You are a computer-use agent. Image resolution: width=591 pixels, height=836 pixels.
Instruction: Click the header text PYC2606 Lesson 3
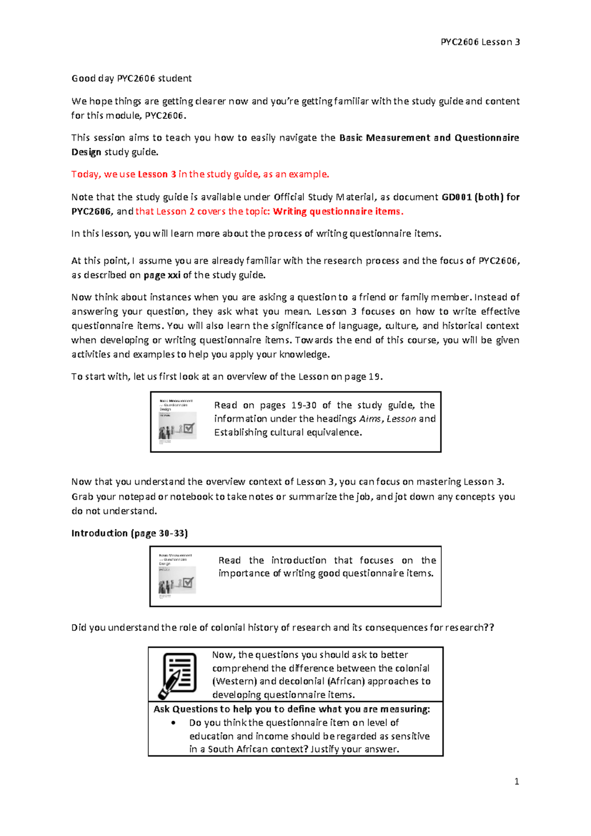(x=480, y=42)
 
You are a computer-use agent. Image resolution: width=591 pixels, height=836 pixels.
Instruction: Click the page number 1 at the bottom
(x=516, y=781)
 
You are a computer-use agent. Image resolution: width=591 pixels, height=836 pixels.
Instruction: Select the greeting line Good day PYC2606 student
(x=131, y=78)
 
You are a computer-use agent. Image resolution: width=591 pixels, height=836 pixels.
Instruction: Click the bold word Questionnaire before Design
(x=486, y=138)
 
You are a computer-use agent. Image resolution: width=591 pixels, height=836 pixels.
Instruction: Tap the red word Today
(x=86, y=174)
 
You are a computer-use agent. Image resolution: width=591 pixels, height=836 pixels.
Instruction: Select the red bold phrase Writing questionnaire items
(x=338, y=211)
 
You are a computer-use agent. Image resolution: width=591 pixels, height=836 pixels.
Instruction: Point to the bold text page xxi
(x=162, y=275)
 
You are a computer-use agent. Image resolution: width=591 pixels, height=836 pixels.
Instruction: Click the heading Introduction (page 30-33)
(x=130, y=533)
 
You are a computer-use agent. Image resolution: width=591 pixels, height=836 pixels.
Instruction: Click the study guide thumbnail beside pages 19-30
(x=177, y=422)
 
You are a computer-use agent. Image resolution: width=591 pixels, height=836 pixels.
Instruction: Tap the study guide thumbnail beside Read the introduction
(x=177, y=576)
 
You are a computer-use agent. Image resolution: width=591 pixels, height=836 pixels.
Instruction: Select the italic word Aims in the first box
(x=370, y=418)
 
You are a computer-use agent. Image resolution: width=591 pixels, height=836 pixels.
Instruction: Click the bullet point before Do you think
(x=173, y=723)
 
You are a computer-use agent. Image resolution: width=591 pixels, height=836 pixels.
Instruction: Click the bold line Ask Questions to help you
(x=292, y=709)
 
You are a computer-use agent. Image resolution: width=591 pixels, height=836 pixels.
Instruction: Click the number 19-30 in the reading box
(x=303, y=405)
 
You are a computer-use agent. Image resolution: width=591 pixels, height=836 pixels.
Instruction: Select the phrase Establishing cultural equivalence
(x=288, y=432)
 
